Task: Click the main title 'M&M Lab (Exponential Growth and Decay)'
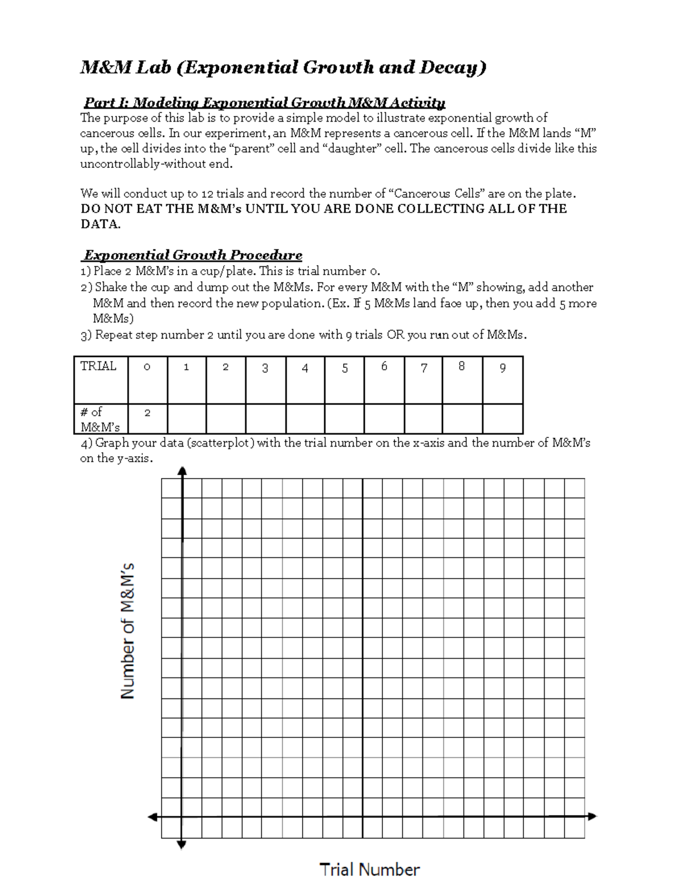pos(283,67)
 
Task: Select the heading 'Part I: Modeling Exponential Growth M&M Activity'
pos(264,103)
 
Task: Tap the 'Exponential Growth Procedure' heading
pos(193,255)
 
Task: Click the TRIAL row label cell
pos(100,380)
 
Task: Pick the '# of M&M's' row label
pos(100,419)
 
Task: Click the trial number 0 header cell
pos(147,380)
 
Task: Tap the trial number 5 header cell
pos(344,380)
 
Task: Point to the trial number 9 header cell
pos(502,380)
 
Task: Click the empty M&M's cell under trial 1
pos(187,419)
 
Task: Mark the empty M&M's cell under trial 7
pos(423,419)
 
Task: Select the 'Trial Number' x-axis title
pos(369,869)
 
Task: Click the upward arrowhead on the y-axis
pos(182,471)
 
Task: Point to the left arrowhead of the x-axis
pos(152,817)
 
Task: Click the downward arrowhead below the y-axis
pos(182,845)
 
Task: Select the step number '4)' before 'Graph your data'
pos(86,443)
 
